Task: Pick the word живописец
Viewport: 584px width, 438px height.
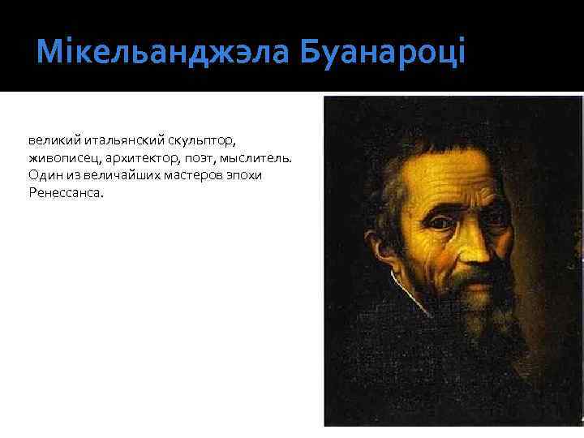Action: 62,157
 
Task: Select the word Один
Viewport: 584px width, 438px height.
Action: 43,174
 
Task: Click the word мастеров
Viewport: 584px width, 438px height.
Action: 200,174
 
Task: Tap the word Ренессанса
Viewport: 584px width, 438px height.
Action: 66,192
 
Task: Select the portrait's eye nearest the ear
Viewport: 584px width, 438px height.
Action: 439,220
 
